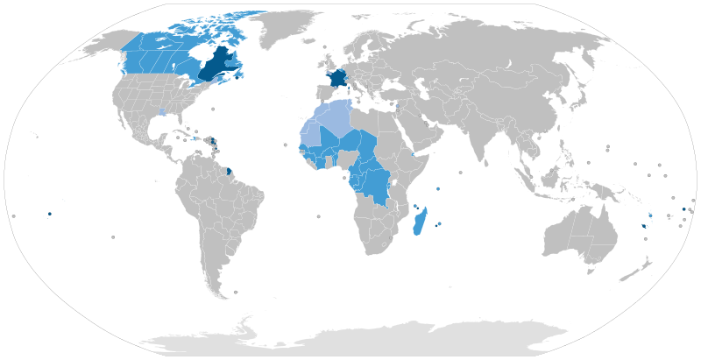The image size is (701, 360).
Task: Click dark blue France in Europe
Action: tap(335, 78)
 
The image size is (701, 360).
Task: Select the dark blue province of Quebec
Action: tap(211, 65)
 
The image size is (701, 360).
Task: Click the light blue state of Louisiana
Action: tap(162, 113)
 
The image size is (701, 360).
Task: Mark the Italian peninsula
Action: tap(354, 88)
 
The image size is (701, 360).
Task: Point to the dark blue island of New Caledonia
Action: tap(644, 226)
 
